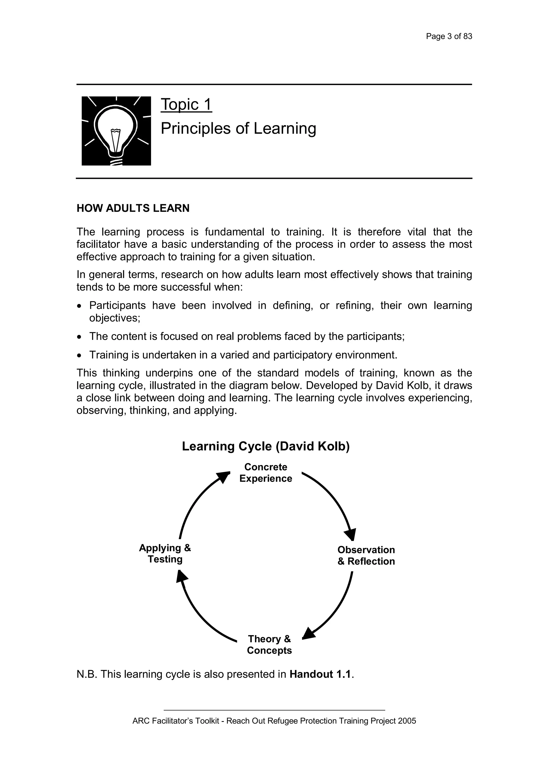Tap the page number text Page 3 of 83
449,36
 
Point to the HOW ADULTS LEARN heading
133,208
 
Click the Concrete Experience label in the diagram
266,473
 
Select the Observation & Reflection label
366,556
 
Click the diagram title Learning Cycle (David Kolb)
266,446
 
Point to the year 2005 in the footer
407,730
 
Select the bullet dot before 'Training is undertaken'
79,356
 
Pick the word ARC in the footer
139,730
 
